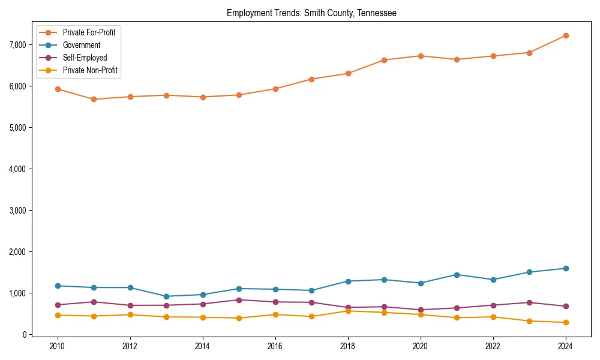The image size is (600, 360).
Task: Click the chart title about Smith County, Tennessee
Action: click(x=311, y=13)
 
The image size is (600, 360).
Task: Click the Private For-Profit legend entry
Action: click(x=89, y=32)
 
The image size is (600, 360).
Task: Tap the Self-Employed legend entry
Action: click(x=85, y=58)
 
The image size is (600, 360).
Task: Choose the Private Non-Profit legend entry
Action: click(x=90, y=70)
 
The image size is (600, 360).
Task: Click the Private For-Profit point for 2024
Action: click(x=566, y=35)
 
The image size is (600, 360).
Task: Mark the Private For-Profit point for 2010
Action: click(x=58, y=89)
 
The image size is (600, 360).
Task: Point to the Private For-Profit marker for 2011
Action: click(x=94, y=99)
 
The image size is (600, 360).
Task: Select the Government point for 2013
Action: click(x=166, y=296)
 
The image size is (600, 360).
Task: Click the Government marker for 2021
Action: click(x=457, y=275)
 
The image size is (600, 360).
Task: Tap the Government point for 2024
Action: click(x=566, y=268)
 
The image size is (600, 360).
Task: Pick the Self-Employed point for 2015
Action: click(x=239, y=300)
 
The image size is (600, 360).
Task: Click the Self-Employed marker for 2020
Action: click(x=421, y=310)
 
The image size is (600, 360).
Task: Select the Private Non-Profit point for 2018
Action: click(x=348, y=311)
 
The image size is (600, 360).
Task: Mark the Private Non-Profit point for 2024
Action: click(x=566, y=323)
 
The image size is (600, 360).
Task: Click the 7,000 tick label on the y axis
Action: click(x=19, y=45)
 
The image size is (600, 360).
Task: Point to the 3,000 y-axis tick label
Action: click(x=19, y=211)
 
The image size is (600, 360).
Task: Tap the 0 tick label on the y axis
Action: click(x=25, y=335)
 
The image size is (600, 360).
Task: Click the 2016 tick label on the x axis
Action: click(x=275, y=347)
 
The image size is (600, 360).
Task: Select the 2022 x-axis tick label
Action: click(x=493, y=347)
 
